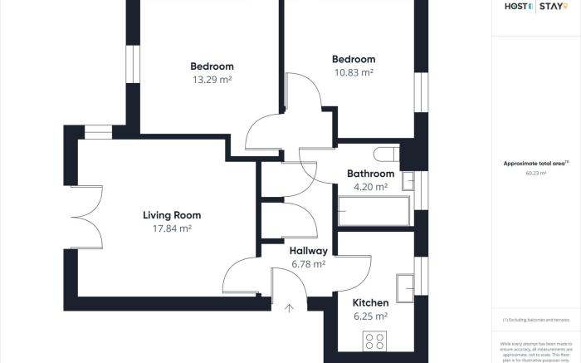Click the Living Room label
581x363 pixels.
171,215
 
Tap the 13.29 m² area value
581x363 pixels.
212,80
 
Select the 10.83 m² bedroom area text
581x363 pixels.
353,72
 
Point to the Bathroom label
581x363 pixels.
370,174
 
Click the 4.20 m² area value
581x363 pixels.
370,187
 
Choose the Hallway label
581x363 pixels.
308,251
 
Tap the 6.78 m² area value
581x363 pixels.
308,264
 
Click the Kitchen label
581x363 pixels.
370,303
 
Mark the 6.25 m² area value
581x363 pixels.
370,316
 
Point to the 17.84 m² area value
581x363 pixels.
172,228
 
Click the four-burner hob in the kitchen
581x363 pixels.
375,341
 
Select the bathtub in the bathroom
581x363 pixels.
373,211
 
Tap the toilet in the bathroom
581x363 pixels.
387,155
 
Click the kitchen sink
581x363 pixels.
406,285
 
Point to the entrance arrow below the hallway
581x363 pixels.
289,309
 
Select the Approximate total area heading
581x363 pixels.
535,164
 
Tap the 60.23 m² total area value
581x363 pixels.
535,174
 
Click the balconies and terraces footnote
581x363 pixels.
535,320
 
